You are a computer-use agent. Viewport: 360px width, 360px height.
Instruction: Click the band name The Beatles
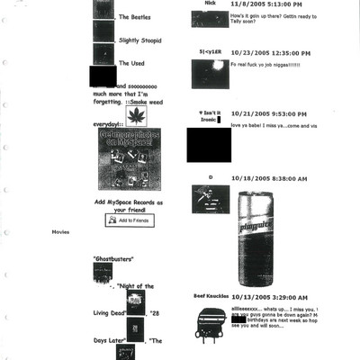[x=135, y=17]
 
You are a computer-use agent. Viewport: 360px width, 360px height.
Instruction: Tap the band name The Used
[x=131, y=64]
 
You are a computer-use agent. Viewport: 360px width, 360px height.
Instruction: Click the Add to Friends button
[x=129, y=220]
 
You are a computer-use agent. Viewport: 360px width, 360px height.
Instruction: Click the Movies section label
[x=60, y=231]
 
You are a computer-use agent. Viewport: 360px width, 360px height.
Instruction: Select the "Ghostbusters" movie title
[x=112, y=259]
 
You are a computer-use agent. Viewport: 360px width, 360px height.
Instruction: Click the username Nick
[x=210, y=4]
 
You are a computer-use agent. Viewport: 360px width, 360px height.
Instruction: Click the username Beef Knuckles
[x=210, y=295]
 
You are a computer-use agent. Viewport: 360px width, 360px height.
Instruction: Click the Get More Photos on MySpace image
[x=130, y=159]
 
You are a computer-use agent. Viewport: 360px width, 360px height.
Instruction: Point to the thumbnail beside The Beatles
[x=103, y=10]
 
